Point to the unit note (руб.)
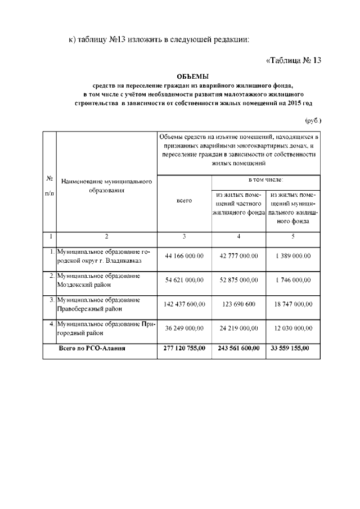pos(313,120)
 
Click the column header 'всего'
pos(184,200)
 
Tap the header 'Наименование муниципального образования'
pos(106,186)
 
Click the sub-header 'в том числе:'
pos(266,179)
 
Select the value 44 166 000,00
pos(184,256)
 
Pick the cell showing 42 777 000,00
pos(238,256)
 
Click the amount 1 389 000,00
pos(293,256)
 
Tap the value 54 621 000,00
pos(184,280)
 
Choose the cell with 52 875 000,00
pos(238,280)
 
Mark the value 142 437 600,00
pos(184,304)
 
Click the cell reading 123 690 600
pos(238,304)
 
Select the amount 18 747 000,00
pos(293,304)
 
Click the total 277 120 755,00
pos(184,349)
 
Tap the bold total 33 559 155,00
pos(293,349)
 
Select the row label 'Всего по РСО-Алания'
pos(92,349)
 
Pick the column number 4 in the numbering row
pos(238,236)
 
